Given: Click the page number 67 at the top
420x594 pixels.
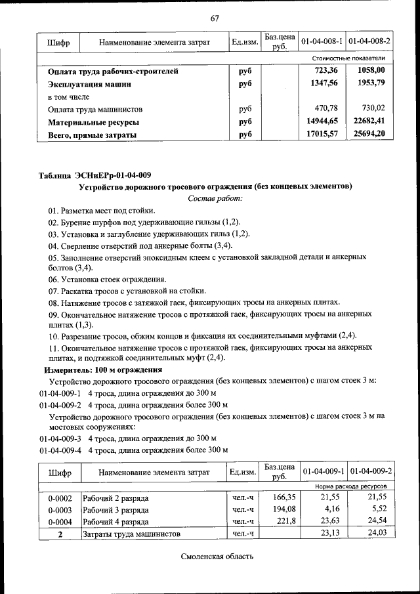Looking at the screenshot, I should (215, 18).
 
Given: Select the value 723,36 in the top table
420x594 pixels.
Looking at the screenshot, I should (325, 71).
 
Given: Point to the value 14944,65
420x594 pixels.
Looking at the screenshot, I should (322, 121).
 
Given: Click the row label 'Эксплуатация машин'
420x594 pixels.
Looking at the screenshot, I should (90, 84).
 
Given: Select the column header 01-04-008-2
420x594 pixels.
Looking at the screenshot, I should (369, 41).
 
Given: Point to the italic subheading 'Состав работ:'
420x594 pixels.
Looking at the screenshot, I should (215, 198).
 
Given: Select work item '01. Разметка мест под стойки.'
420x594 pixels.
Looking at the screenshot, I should (101, 211).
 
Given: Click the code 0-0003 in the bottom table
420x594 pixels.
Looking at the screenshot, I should (60, 509).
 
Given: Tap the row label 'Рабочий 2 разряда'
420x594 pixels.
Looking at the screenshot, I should (115, 498).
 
